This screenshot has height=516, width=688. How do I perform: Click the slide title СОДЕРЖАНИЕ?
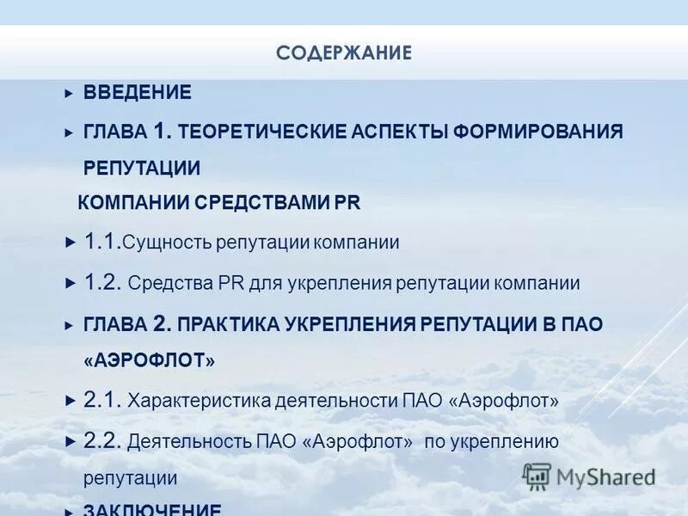(344, 53)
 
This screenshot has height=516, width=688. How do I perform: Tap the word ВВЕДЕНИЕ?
(137, 92)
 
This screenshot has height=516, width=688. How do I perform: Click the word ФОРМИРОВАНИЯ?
(537, 132)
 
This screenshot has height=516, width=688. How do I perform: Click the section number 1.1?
(102, 242)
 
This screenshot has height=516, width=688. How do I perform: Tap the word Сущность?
(165, 243)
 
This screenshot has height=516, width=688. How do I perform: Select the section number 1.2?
(102, 282)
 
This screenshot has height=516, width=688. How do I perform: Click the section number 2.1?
(102, 400)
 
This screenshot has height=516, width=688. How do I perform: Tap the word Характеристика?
(199, 401)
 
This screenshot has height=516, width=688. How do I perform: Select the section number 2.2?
(102, 441)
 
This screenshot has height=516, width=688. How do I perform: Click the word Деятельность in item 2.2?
(189, 442)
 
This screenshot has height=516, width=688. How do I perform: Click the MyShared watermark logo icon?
(537, 476)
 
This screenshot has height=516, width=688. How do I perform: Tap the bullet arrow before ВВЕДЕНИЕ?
(70, 93)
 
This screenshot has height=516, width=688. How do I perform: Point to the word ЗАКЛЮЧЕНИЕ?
(152, 509)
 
